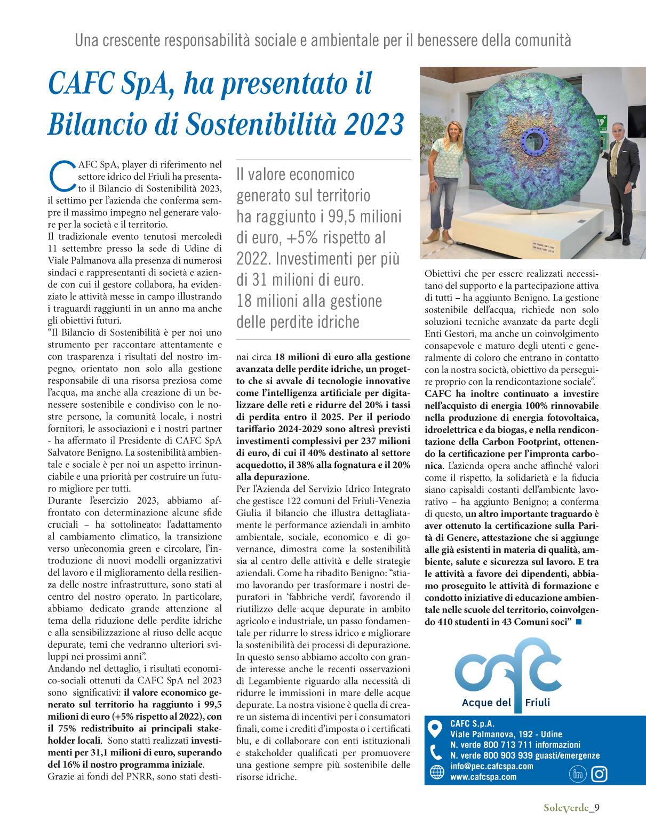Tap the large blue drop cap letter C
pyautogui.click(x=62, y=174)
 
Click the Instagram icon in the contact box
pyautogui.click(x=599, y=774)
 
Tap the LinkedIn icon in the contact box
pyautogui.click(x=578, y=774)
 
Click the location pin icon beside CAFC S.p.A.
pyautogui.click(x=436, y=728)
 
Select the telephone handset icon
pyautogui.click(x=436, y=752)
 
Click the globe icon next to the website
pyautogui.click(x=436, y=772)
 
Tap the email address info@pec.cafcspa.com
pyautogui.click(x=491, y=766)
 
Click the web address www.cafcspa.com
pyautogui.click(x=483, y=777)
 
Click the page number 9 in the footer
pyautogui.click(x=597, y=807)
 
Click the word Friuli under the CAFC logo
pyautogui.click(x=537, y=702)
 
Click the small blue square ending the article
pyautogui.click(x=579, y=622)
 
